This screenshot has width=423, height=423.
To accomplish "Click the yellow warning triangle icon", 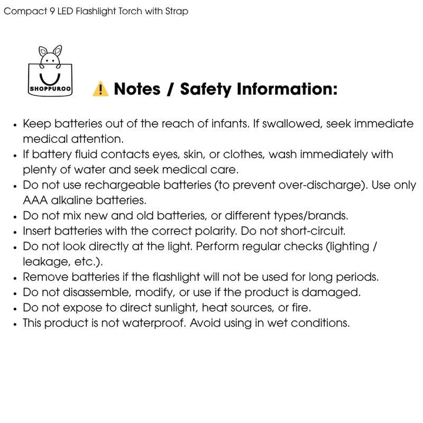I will click(x=100, y=89).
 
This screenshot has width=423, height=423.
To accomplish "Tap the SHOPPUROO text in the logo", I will click(x=49, y=90).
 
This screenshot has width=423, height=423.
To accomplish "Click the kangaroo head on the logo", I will click(x=49, y=56).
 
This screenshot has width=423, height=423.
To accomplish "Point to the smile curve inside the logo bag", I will click(x=49, y=77).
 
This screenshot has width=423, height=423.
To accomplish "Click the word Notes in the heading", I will click(x=137, y=89).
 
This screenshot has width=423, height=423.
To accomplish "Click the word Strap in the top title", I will click(x=176, y=12).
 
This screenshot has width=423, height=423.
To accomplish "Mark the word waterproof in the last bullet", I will click(x=155, y=323).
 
